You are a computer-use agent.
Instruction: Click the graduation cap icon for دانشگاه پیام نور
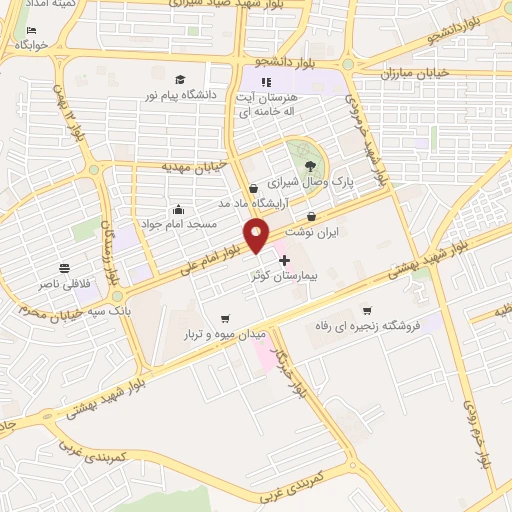[x=180, y=80]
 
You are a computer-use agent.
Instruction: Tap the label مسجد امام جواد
[x=178, y=226]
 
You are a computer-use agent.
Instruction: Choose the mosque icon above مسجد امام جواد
[x=178, y=209]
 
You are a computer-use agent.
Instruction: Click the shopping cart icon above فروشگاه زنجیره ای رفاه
[x=369, y=310]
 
